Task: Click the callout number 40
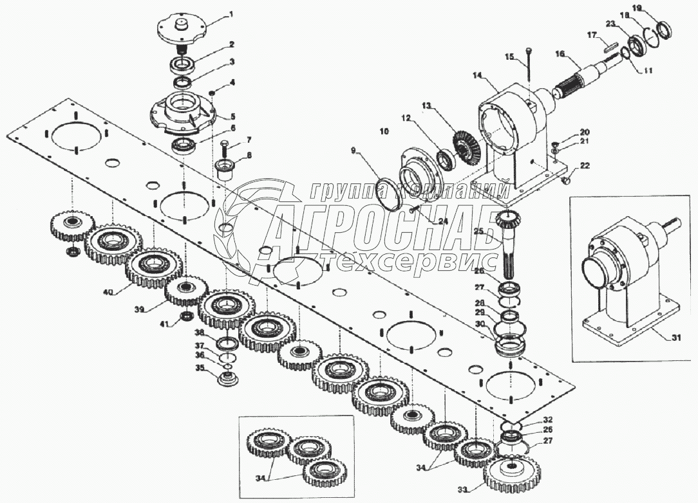pos(108,292)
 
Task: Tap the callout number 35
pos(200,369)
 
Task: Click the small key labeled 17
pos(612,46)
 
